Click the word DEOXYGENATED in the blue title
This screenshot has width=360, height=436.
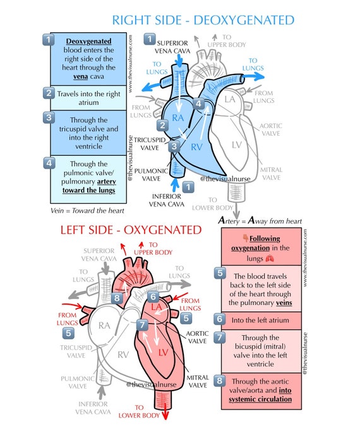point(243,20)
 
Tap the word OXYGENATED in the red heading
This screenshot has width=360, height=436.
point(158,229)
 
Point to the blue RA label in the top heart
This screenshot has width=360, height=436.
point(179,119)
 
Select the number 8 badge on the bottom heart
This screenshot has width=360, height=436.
point(117,297)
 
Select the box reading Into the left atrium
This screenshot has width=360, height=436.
point(260,320)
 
